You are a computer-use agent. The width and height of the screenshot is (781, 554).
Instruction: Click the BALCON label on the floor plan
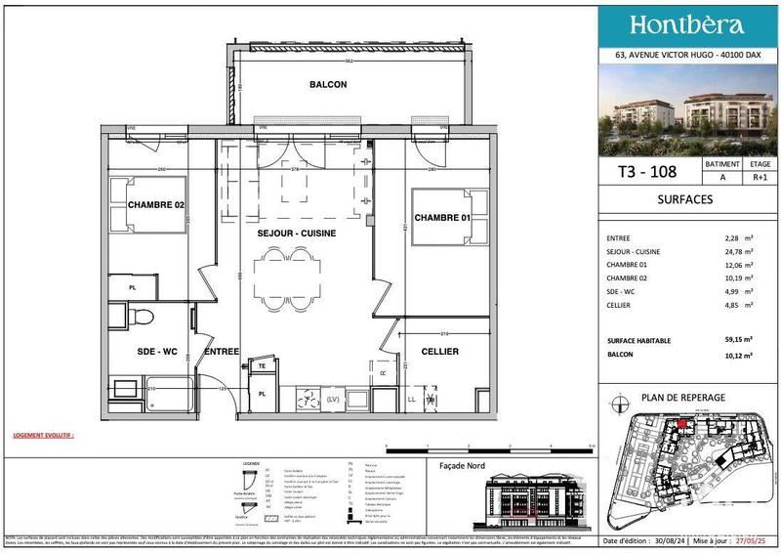328,85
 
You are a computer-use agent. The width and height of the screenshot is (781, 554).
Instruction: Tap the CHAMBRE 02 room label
156,204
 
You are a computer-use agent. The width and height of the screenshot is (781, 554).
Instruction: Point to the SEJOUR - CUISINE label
297,234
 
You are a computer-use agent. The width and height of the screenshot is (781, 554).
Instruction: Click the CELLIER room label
439,351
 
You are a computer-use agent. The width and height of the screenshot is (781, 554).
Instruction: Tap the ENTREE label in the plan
223,351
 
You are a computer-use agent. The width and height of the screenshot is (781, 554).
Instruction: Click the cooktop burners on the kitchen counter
309,399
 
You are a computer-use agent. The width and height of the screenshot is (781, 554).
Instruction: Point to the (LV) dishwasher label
333,399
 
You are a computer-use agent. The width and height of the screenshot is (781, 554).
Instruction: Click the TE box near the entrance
262,365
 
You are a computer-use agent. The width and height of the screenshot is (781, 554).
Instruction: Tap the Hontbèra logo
687,25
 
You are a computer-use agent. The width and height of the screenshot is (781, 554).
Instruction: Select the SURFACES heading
686,199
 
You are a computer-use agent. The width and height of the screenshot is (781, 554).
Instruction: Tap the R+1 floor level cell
759,178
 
